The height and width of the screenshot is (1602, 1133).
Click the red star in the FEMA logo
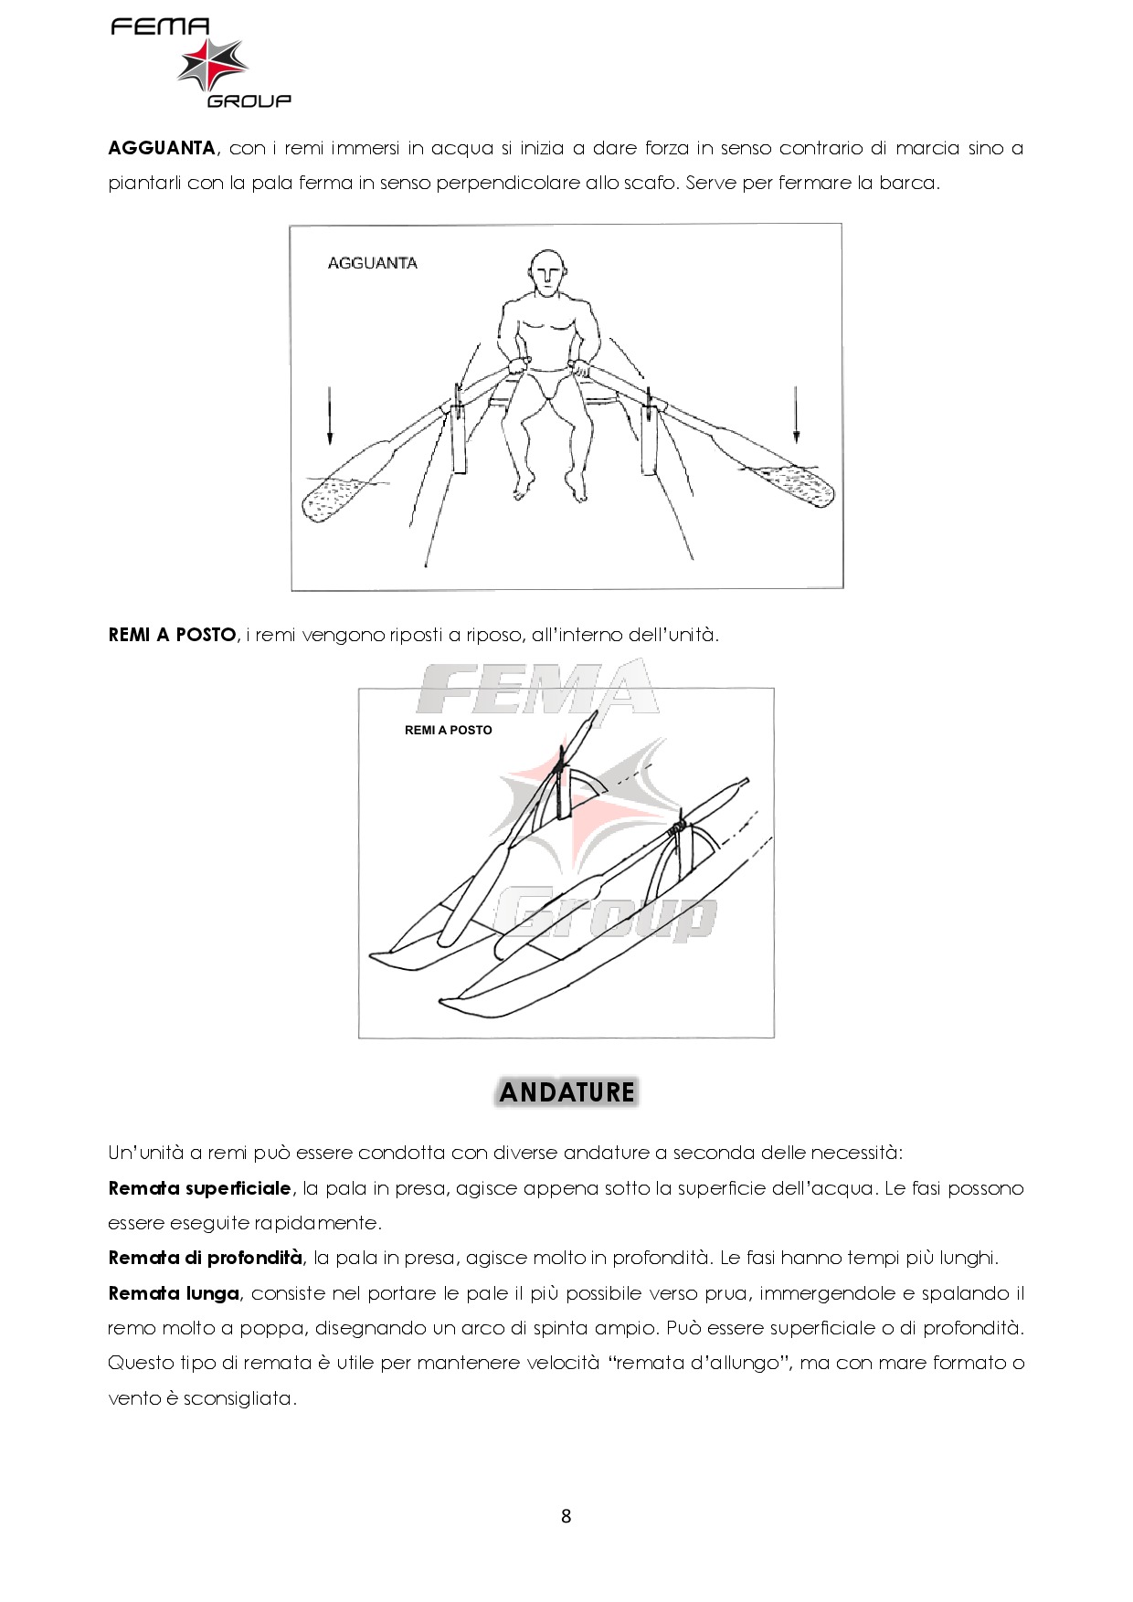(212, 64)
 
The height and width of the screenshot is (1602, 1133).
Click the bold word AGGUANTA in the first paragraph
(162, 148)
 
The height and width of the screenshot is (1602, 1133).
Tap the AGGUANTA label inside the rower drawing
(372, 263)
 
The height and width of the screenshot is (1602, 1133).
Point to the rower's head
(547, 273)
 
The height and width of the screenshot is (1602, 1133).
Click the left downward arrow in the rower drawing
(330, 416)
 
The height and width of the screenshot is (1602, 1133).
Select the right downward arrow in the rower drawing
(796, 414)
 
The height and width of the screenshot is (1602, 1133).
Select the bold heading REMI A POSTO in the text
(172, 635)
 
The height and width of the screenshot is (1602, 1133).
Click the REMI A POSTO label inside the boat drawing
(448, 731)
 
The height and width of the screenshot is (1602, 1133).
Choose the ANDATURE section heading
(567, 1092)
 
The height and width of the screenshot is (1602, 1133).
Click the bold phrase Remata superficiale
(200, 1188)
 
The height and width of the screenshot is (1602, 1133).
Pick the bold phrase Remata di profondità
(205, 1258)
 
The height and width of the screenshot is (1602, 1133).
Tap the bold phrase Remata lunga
(174, 1293)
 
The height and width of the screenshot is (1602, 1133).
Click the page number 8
(566, 1517)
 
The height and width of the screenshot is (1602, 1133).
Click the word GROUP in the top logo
(249, 100)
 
